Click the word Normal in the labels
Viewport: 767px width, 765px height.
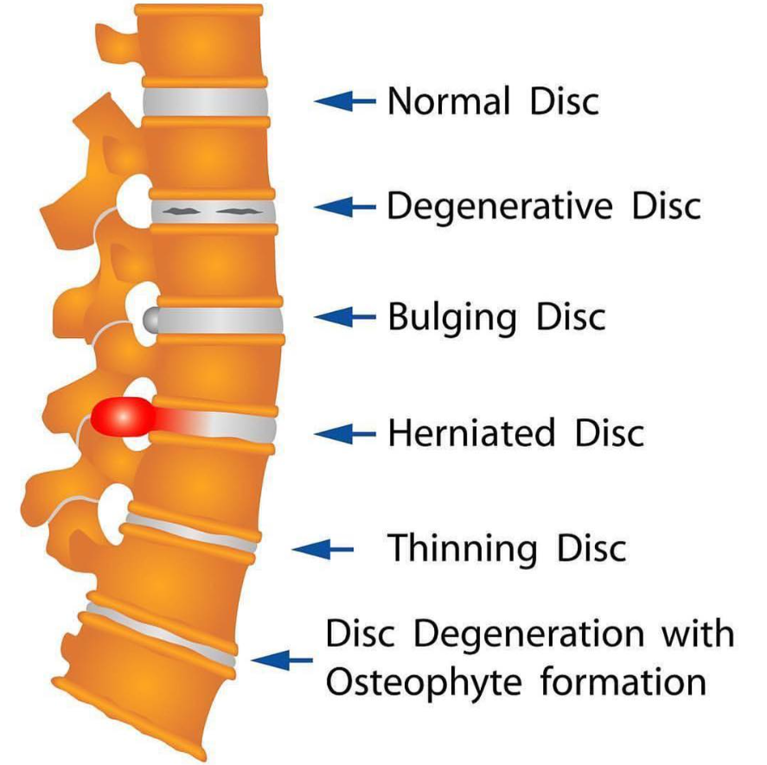point(436,101)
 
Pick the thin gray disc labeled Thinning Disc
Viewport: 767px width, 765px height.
point(191,531)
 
